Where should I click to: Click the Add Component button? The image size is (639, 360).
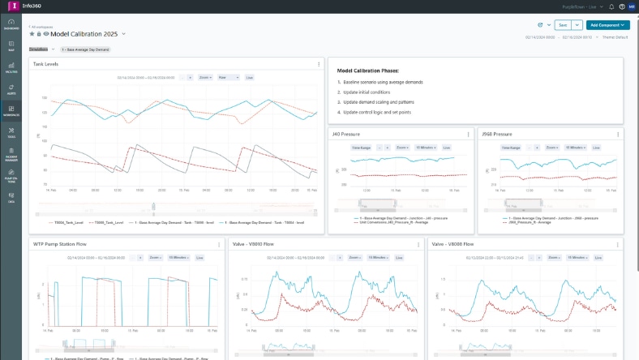(x=608, y=25)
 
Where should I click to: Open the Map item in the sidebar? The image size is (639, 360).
(x=11, y=45)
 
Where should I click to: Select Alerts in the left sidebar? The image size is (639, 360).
(x=11, y=91)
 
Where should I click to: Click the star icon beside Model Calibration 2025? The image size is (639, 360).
(x=32, y=35)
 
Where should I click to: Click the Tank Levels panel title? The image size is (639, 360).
(x=45, y=63)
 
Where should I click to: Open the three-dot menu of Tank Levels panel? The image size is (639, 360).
(x=319, y=63)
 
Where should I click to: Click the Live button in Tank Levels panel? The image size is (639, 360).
(x=249, y=78)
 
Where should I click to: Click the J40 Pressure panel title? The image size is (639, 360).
(x=346, y=134)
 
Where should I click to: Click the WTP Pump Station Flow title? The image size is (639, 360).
(x=59, y=243)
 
